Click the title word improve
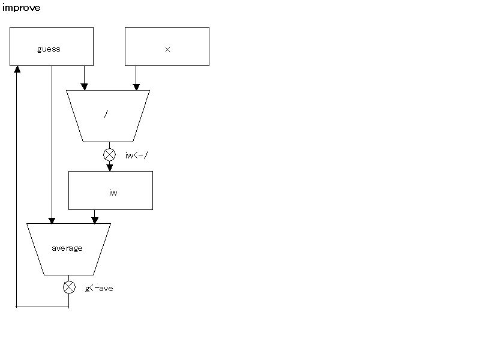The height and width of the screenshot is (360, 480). coord(21,8)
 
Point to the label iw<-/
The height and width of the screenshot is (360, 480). coord(137,155)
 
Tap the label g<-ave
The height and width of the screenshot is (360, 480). coord(99,289)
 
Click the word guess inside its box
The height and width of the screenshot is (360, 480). coord(49,49)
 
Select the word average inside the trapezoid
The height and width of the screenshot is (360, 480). coord(67,248)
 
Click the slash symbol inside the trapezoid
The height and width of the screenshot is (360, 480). coord(106,114)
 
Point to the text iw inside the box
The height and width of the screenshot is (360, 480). coord(113,193)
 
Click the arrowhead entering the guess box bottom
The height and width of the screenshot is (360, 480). coord(17,69)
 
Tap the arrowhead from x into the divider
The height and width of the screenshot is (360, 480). coord(136,87)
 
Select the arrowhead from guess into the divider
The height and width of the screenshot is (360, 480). coord(84,87)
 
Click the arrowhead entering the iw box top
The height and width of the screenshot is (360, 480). coord(110,168)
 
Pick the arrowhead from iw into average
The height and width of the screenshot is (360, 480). coord(95,220)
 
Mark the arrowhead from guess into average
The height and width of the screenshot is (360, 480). coord(52,220)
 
